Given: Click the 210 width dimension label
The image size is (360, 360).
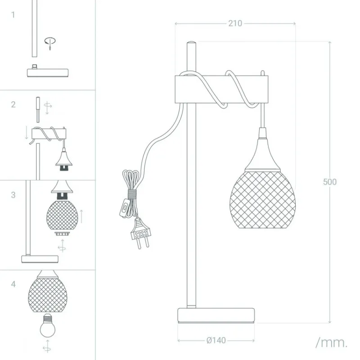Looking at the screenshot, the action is click(235, 23).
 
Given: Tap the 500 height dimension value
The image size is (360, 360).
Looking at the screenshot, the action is click(330, 182).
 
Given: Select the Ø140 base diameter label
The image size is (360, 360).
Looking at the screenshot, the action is click(216, 340).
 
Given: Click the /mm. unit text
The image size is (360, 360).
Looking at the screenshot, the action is click(332, 342).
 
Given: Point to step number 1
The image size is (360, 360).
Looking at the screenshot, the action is click(13, 15).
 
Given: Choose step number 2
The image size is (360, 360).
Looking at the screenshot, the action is click(13, 104).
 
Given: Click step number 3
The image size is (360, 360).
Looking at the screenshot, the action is click(13, 195).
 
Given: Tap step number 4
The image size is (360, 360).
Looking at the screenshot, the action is click(13, 284).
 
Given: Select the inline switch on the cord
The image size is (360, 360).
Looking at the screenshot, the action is click(125, 208).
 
